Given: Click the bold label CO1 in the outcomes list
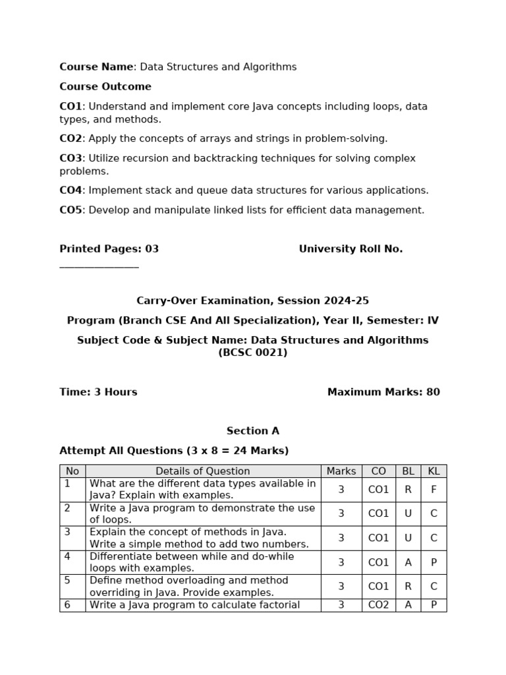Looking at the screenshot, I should [x=70, y=106].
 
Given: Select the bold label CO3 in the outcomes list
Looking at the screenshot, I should [x=70, y=158].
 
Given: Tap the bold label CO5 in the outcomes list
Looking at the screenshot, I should [x=70, y=210].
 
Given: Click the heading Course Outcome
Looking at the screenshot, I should [x=105, y=86].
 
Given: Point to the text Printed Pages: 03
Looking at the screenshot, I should [x=109, y=249].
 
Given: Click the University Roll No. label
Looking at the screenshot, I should [x=351, y=249].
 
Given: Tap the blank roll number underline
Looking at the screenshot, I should [x=99, y=267].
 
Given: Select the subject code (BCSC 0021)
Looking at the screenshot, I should [x=253, y=353].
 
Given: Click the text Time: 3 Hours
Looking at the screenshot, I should [x=98, y=392].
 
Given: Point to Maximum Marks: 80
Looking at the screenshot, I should [x=383, y=392].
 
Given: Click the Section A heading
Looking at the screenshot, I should [x=253, y=431].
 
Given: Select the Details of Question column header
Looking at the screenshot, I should [x=203, y=471].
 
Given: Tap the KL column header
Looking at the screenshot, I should [x=434, y=471].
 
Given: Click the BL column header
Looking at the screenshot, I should [x=408, y=471].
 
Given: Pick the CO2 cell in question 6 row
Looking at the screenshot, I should [x=378, y=605].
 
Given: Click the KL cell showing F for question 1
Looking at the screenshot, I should [x=434, y=490].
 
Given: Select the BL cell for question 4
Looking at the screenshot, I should [x=408, y=562].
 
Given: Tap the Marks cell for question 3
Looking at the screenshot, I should [x=341, y=538].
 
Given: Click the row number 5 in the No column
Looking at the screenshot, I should [x=67, y=581].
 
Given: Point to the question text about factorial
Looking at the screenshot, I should [x=195, y=605].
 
